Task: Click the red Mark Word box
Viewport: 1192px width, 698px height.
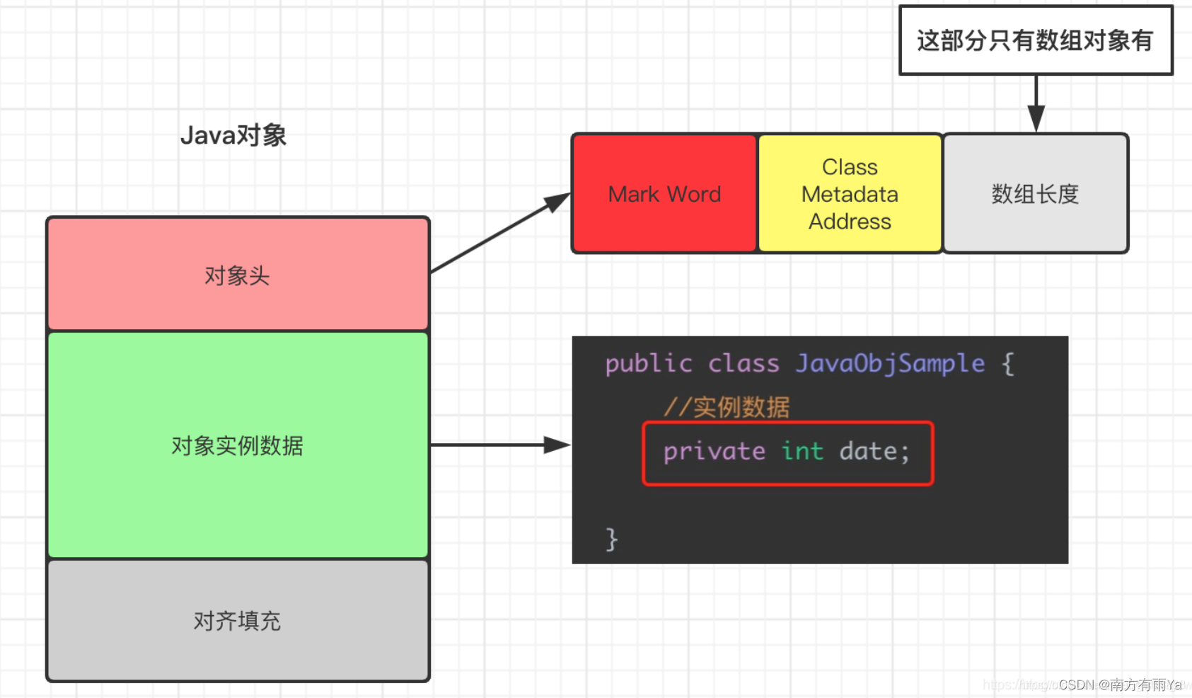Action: (x=664, y=193)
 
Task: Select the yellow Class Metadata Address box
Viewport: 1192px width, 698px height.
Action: (x=850, y=193)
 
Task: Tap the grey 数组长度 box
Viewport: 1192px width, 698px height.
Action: (x=1035, y=193)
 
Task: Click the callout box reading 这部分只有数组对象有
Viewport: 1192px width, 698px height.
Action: (x=1035, y=40)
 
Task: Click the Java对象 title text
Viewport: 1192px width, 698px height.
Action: (x=233, y=135)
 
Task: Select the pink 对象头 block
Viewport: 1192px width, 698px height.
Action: (x=238, y=275)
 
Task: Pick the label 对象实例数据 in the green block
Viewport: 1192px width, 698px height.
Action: (x=238, y=445)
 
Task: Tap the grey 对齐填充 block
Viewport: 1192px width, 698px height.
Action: (x=238, y=621)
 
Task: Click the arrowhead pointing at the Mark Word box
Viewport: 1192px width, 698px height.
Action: (x=559, y=202)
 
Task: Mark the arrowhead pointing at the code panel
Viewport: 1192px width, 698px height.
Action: (x=557, y=445)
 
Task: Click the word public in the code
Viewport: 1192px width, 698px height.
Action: (x=648, y=364)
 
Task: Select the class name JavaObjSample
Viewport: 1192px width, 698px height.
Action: (x=889, y=364)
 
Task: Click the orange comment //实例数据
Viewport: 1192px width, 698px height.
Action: (x=726, y=407)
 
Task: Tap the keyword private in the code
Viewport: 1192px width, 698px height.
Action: (x=714, y=452)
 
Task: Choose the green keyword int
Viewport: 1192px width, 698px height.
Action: (x=802, y=452)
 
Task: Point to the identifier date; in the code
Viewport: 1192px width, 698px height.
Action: (x=874, y=452)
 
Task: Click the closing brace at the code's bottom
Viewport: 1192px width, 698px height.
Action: (x=612, y=539)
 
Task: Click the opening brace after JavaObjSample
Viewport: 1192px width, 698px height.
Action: (x=1008, y=364)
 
